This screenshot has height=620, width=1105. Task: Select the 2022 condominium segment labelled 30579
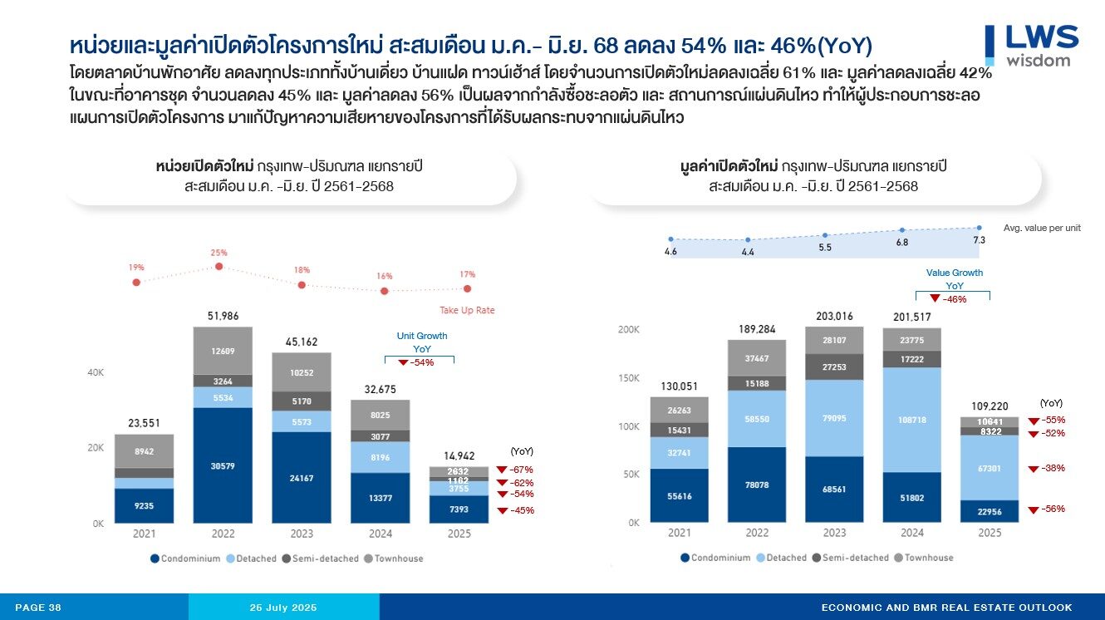pyautogui.click(x=223, y=465)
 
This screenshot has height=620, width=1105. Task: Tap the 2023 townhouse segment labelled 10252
pyautogui.click(x=301, y=372)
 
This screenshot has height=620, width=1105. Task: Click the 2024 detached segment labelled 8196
pyautogui.click(x=380, y=456)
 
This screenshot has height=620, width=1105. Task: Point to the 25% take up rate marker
pyautogui.click(x=219, y=266)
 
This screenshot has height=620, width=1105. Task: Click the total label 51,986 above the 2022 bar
pyautogui.click(x=223, y=316)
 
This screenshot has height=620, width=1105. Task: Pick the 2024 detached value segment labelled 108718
pyautogui.click(x=911, y=420)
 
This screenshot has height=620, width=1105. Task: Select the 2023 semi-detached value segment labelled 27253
pyautogui.click(x=834, y=367)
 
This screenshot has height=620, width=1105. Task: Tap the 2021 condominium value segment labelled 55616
pyautogui.click(x=679, y=495)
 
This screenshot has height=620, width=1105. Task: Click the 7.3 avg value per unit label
pyautogui.click(x=979, y=240)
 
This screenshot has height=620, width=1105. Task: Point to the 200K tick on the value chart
pyautogui.click(x=629, y=330)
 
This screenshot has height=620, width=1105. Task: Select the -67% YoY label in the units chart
pyautogui.click(x=522, y=470)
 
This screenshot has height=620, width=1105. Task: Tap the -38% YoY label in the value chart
pyautogui.click(x=1053, y=468)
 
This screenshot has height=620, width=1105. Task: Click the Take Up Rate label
pyautogui.click(x=467, y=310)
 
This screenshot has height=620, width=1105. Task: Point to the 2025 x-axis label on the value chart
pyautogui.click(x=990, y=533)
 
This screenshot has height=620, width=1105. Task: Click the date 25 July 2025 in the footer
pyautogui.click(x=284, y=608)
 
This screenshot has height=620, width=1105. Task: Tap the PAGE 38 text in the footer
pyautogui.click(x=38, y=608)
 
